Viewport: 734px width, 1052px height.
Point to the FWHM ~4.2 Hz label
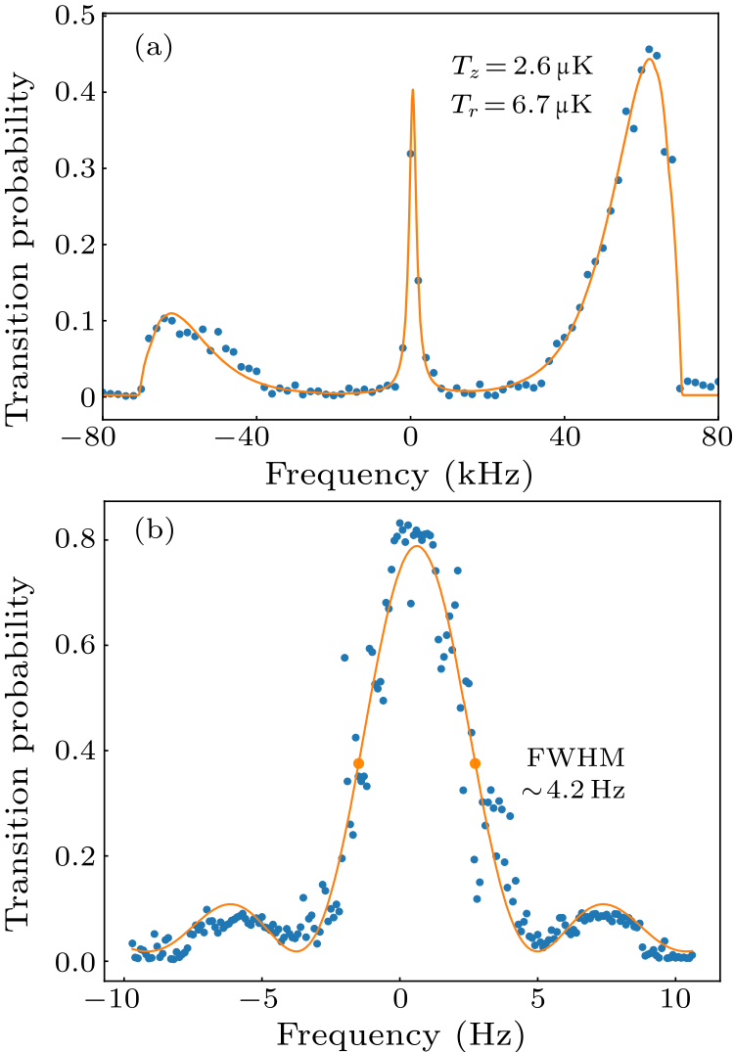574,773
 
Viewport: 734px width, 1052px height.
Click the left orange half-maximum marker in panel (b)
358,763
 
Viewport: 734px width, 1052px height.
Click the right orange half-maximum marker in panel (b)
476,763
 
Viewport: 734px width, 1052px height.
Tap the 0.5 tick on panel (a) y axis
75,17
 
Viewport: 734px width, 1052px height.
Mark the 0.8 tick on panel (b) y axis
75,540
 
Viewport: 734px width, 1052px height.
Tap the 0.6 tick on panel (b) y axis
75,646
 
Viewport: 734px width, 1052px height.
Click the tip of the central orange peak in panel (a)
412,90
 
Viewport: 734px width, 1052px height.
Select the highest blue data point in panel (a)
649,49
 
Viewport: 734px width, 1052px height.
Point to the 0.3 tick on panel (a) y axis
75,168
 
